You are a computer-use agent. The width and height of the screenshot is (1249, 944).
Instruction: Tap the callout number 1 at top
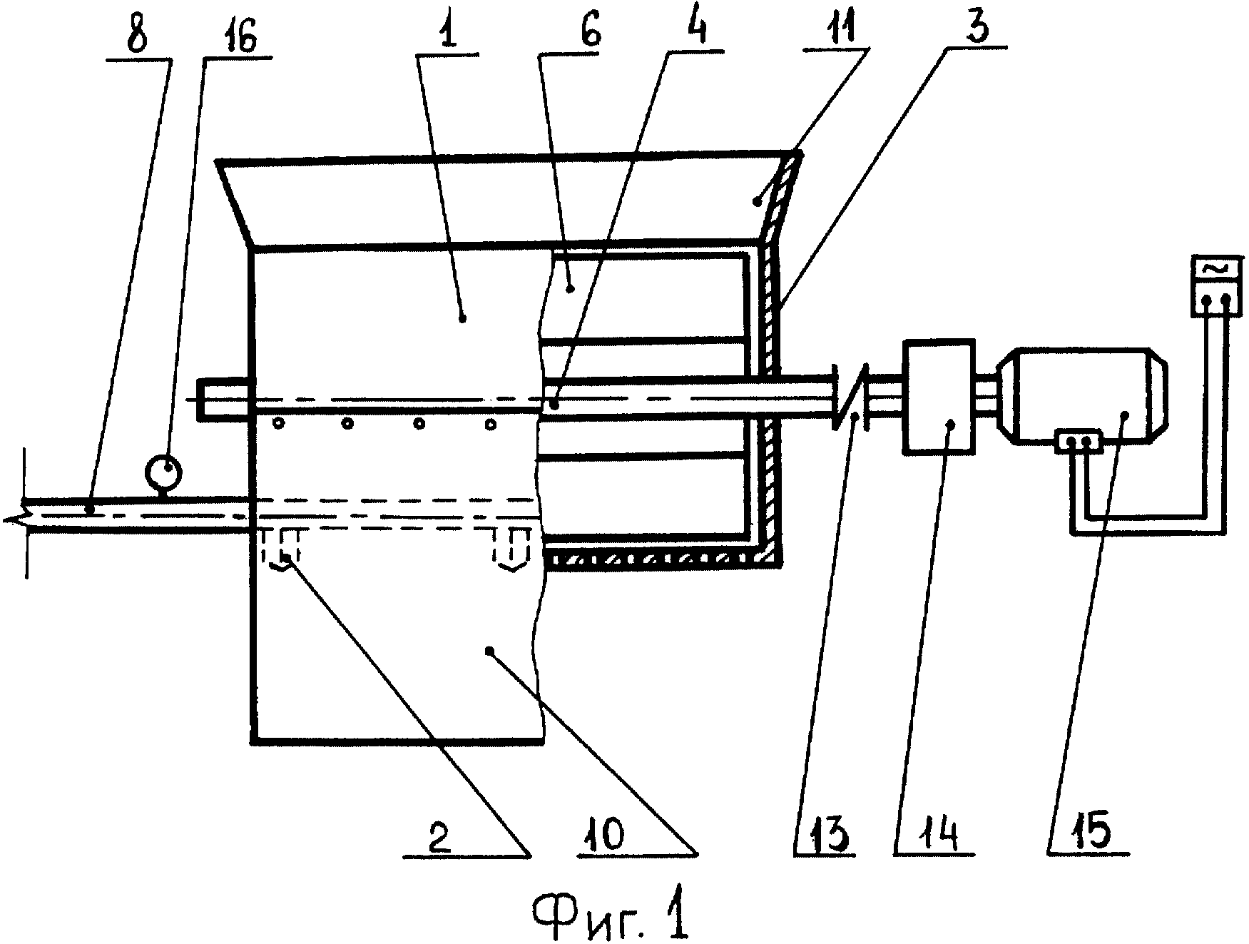coord(449,34)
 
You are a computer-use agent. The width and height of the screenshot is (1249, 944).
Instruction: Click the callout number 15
coord(1089,832)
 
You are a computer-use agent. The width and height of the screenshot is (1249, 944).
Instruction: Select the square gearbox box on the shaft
coord(938,396)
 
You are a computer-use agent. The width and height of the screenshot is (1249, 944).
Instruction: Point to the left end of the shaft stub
coord(200,398)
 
